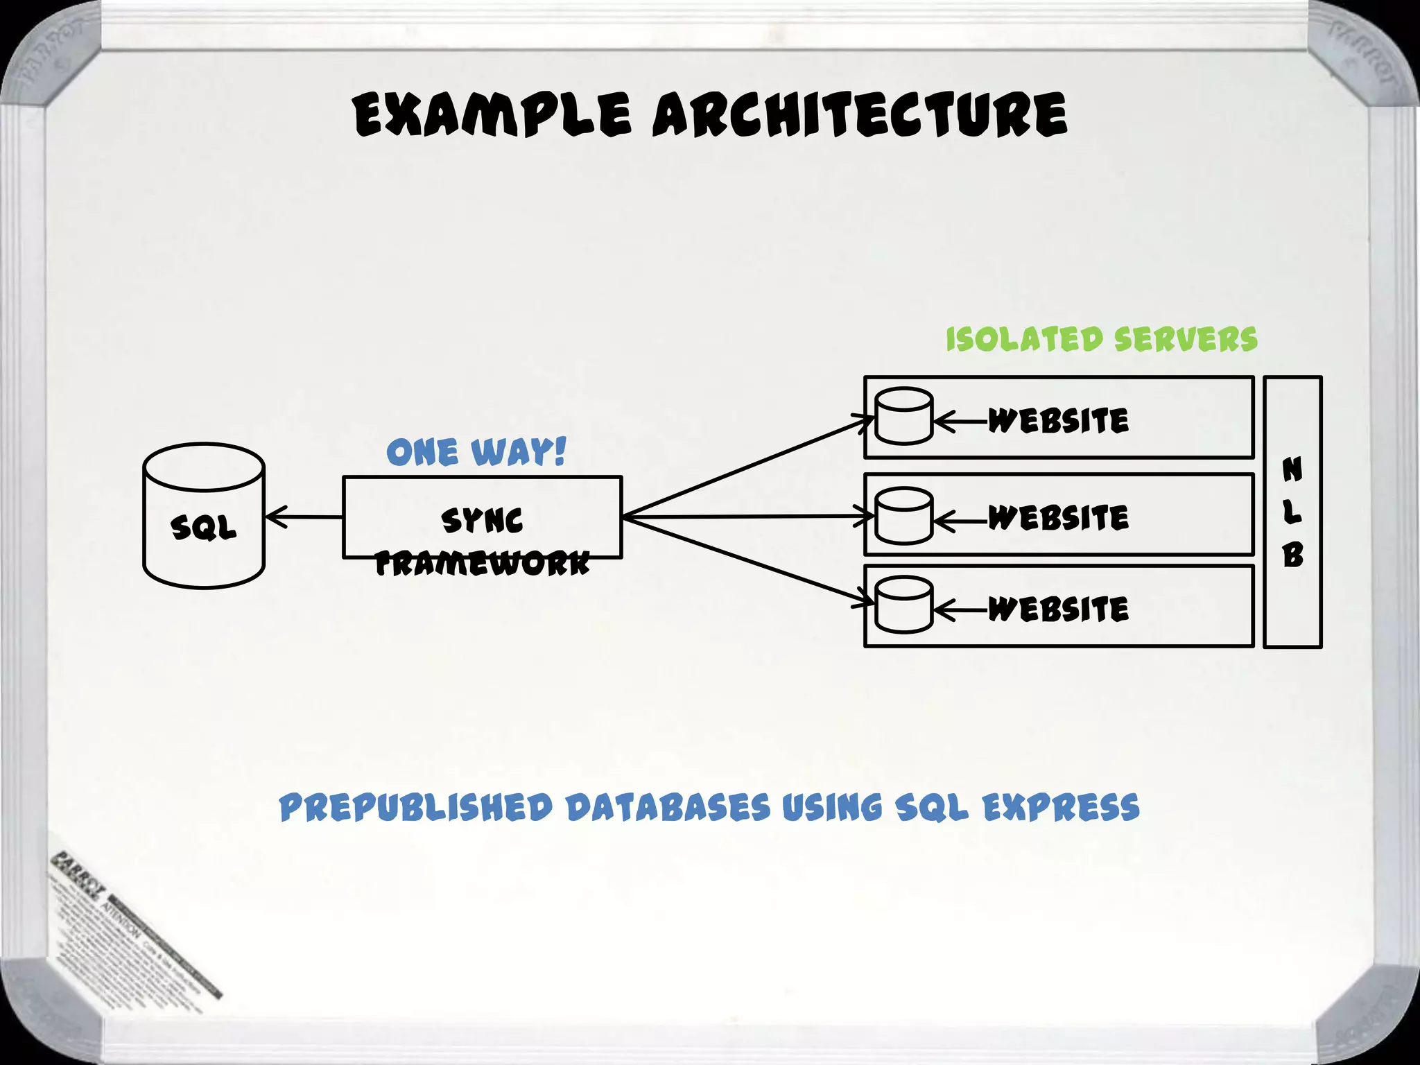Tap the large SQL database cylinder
click(x=204, y=517)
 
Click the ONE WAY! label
click(x=476, y=452)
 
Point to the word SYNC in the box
click(x=482, y=521)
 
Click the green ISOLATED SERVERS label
click(x=1101, y=340)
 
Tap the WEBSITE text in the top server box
click(x=1058, y=420)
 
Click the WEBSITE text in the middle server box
click(x=1058, y=517)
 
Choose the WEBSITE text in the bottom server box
click(x=1058, y=609)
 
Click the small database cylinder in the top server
click(x=903, y=416)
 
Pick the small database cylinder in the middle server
click(x=903, y=516)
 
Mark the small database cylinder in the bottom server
click(x=903, y=605)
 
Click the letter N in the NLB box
click(x=1292, y=469)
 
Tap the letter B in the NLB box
click(x=1292, y=555)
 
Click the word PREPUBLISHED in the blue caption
click(x=416, y=808)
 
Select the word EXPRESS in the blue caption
click(x=1061, y=808)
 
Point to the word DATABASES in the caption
click(x=668, y=808)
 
